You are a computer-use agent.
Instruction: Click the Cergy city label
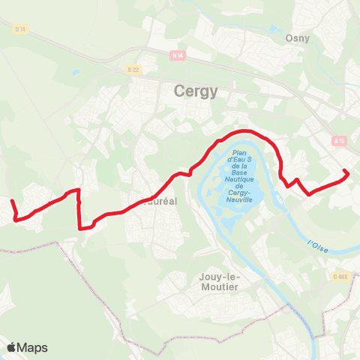[x=195, y=91]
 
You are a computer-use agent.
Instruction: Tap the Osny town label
[x=298, y=37]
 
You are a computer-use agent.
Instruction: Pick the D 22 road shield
[x=133, y=70]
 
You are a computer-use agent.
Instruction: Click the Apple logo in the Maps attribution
[x=12, y=347]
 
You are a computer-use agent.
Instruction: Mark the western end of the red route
[x=11, y=201]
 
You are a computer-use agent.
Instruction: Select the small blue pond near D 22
[x=76, y=73]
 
